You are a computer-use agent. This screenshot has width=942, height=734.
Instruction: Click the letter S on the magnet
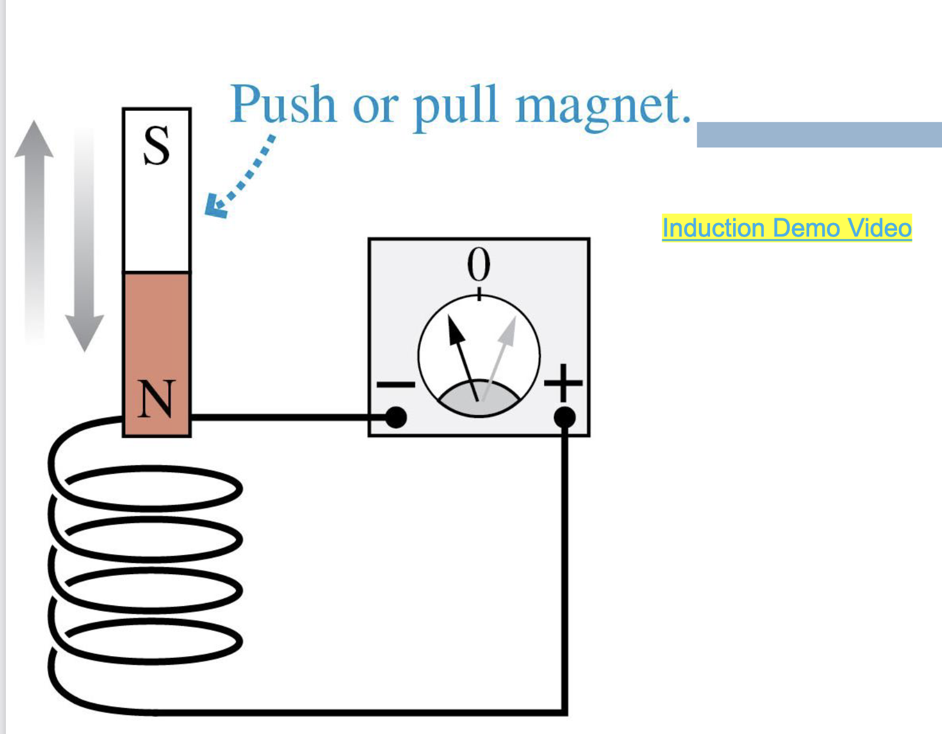pyautogui.click(x=156, y=146)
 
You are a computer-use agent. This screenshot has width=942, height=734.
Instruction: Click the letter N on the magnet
pyautogui.click(x=156, y=399)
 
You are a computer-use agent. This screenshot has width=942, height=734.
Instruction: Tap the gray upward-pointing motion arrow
pyautogui.click(x=34, y=224)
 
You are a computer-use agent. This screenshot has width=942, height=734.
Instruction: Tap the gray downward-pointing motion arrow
pyautogui.click(x=84, y=248)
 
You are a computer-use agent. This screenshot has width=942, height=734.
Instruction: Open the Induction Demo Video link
pyautogui.click(x=786, y=228)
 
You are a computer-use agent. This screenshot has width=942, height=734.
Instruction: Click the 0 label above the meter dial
pyautogui.click(x=479, y=265)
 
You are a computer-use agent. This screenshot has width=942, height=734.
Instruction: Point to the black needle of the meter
pyautogui.click(x=463, y=357)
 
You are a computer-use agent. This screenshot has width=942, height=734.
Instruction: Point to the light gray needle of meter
pyautogui.click(x=499, y=357)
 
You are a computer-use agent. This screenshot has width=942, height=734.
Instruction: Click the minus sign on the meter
pyautogui.click(x=396, y=385)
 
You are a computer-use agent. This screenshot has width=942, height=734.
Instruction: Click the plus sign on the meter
pyautogui.click(x=564, y=384)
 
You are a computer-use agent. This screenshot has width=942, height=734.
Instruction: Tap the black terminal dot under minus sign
pyautogui.click(x=396, y=418)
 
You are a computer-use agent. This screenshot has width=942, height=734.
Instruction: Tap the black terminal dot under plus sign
pyautogui.click(x=565, y=418)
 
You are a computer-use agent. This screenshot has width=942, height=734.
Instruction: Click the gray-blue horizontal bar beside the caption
pyautogui.click(x=819, y=135)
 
